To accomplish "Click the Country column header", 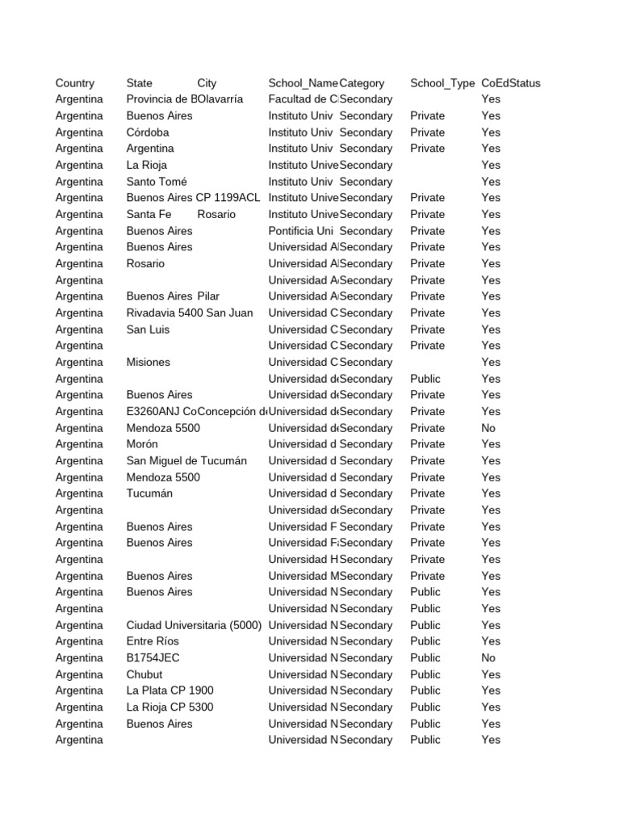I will (75, 83).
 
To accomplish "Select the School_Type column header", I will (442, 83).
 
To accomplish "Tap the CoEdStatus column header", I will (511, 83).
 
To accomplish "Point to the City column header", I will (207, 83).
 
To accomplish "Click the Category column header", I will (362, 83).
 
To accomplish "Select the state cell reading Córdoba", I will (148, 132).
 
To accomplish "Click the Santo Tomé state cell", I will (157, 182).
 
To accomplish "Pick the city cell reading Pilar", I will (208, 296).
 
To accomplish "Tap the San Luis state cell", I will (149, 330).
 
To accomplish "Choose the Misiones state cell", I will (149, 363).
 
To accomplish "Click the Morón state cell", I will (142, 444).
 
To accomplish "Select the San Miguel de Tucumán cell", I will (186, 461).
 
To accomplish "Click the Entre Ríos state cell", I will (153, 641).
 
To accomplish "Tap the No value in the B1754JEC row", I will (488, 658).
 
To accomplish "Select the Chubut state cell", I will (145, 674).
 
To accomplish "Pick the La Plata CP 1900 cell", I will (170, 691).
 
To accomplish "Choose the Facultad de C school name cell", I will (303, 99).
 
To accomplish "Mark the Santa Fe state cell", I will (149, 215).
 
